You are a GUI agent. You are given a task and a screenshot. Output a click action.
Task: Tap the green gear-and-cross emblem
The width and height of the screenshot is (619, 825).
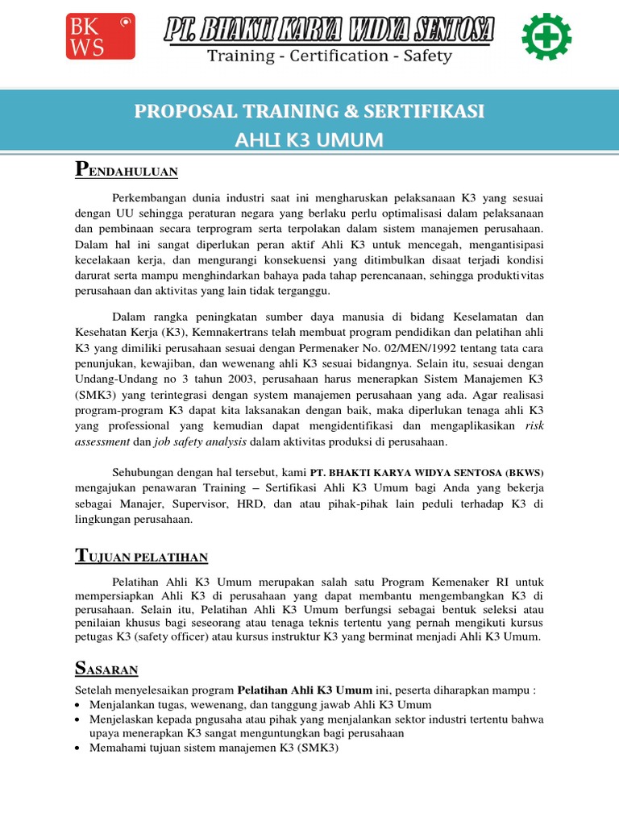tap(546, 37)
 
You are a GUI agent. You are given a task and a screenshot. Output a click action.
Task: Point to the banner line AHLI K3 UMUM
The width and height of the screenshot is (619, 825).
tap(309, 141)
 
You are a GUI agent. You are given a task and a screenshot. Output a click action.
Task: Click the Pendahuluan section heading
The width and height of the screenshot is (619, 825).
tap(126, 171)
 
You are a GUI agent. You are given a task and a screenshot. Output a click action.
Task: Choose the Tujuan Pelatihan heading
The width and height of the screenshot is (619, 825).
tap(141, 556)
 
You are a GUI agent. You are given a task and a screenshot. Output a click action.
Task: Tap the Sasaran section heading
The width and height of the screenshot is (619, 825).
tap(106, 669)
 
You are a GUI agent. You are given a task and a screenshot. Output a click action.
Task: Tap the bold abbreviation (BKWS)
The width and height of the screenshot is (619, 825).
tap(521, 472)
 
